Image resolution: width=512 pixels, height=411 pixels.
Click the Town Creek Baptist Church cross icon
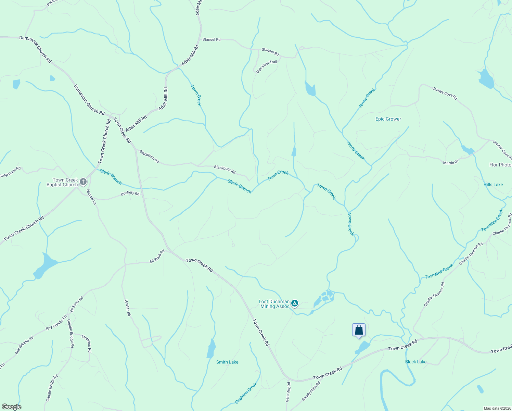tap(83, 182)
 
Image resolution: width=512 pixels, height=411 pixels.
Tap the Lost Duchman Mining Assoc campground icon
tap(295, 303)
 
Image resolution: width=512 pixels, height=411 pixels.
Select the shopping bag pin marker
tap(359, 331)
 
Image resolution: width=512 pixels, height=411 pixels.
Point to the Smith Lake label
tap(227, 362)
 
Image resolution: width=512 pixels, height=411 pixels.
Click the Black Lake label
tap(416, 362)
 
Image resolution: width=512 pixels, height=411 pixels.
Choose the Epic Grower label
tap(388, 119)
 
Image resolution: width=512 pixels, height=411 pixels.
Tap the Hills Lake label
tap(493, 185)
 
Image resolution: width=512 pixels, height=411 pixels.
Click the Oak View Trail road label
tap(267, 66)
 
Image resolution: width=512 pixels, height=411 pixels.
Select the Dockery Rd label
tap(130, 194)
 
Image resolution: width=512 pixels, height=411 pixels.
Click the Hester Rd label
tap(127, 308)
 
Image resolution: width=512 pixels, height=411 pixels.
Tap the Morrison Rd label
tap(86, 344)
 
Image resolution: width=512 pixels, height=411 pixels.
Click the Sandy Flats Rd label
tap(311, 391)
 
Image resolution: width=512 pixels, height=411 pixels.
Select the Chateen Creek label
tap(246, 393)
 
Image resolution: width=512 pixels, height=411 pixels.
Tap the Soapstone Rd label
tap(10, 172)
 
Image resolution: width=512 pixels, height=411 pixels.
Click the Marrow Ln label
tap(91, 197)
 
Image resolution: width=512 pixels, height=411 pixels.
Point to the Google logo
tap(11, 407)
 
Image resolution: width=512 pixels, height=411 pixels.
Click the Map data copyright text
tap(497, 408)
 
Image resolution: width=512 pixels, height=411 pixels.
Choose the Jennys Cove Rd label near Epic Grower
tap(445, 94)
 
